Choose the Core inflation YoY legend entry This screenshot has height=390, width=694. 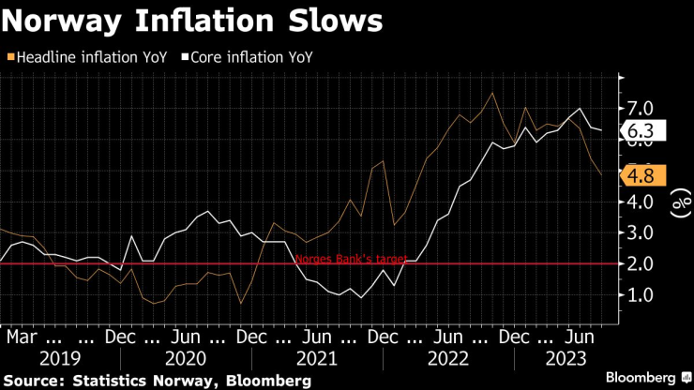coord(250,57)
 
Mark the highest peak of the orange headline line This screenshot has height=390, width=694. coord(492,93)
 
